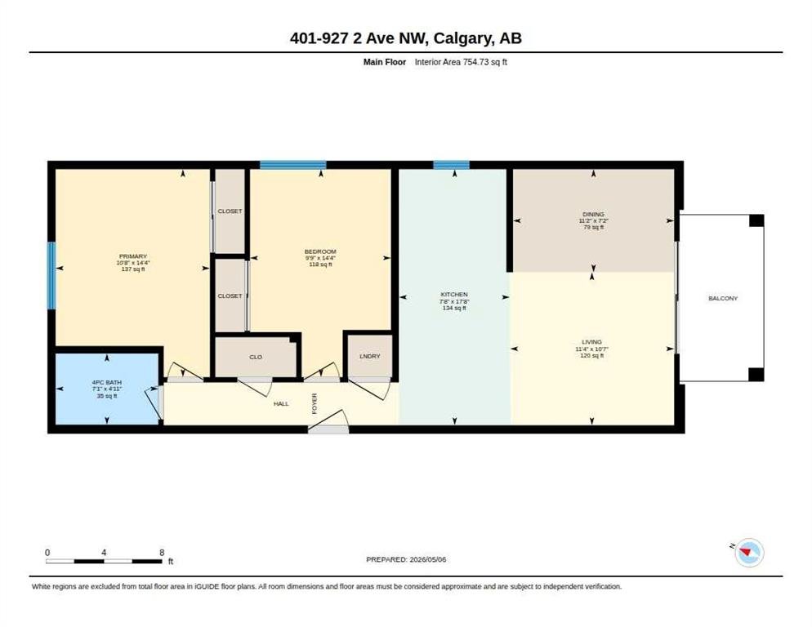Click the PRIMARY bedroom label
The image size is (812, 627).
pyautogui.click(x=133, y=256)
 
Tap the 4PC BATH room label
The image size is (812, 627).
pyautogui.click(x=107, y=383)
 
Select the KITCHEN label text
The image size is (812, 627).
pyautogui.click(x=454, y=294)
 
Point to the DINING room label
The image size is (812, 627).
pyautogui.click(x=593, y=214)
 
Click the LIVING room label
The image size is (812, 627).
pyautogui.click(x=592, y=342)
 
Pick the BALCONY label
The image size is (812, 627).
pyautogui.click(x=723, y=298)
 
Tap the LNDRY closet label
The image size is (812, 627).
pyautogui.click(x=370, y=356)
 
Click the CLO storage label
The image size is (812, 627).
pyautogui.click(x=256, y=357)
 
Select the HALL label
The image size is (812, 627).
pyautogui.click(x=281, y=403)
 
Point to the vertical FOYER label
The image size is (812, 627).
pyautogui.click(x=315, y=403)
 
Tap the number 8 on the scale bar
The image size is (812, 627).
pyautogui.click(x=162, y=553)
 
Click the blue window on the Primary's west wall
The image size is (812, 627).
pyautogui.click(x=51, y=275)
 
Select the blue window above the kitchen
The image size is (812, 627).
pyautogui.click(x=452, y=165)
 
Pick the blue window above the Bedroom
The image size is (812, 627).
pyautogui.click(x=293, y=165)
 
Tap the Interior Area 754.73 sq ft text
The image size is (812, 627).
pyautogui.click(x=461, y=62)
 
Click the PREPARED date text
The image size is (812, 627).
pyautogui.click(x=406, y=559)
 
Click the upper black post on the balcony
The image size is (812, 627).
pyautogui.click(x=756, y=220)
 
